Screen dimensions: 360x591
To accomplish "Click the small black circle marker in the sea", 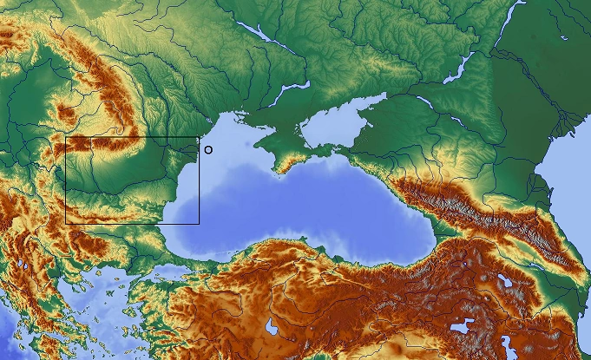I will (x=207, y=149).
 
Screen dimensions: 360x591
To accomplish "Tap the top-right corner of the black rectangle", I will (x=199, y=137).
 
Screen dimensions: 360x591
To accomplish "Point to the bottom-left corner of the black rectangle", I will (x=66, y=224).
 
